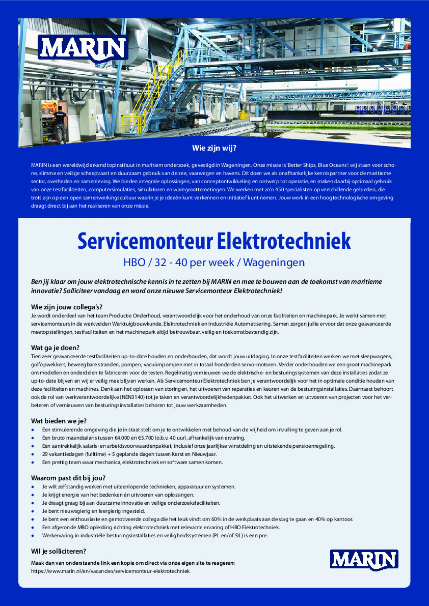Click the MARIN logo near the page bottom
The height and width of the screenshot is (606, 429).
[x=364, y=559]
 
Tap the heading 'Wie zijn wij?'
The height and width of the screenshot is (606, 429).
[x=214, y=149]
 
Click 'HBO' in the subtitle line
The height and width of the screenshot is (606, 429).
[x=134, y=263]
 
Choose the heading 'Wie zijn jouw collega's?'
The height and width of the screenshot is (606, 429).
[x=67, y=307]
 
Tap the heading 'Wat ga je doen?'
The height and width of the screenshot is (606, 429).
[x=55, y=348]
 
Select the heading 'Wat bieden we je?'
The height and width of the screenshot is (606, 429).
[x=59, y=421]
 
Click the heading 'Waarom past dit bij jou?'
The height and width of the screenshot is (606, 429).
[x=68, y=478]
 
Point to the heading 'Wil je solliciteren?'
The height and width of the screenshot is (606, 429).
[x=59, y=551]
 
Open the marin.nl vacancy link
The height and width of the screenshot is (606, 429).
[x=110, y=571]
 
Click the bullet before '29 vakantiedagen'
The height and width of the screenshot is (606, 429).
[x=33, y=454]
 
